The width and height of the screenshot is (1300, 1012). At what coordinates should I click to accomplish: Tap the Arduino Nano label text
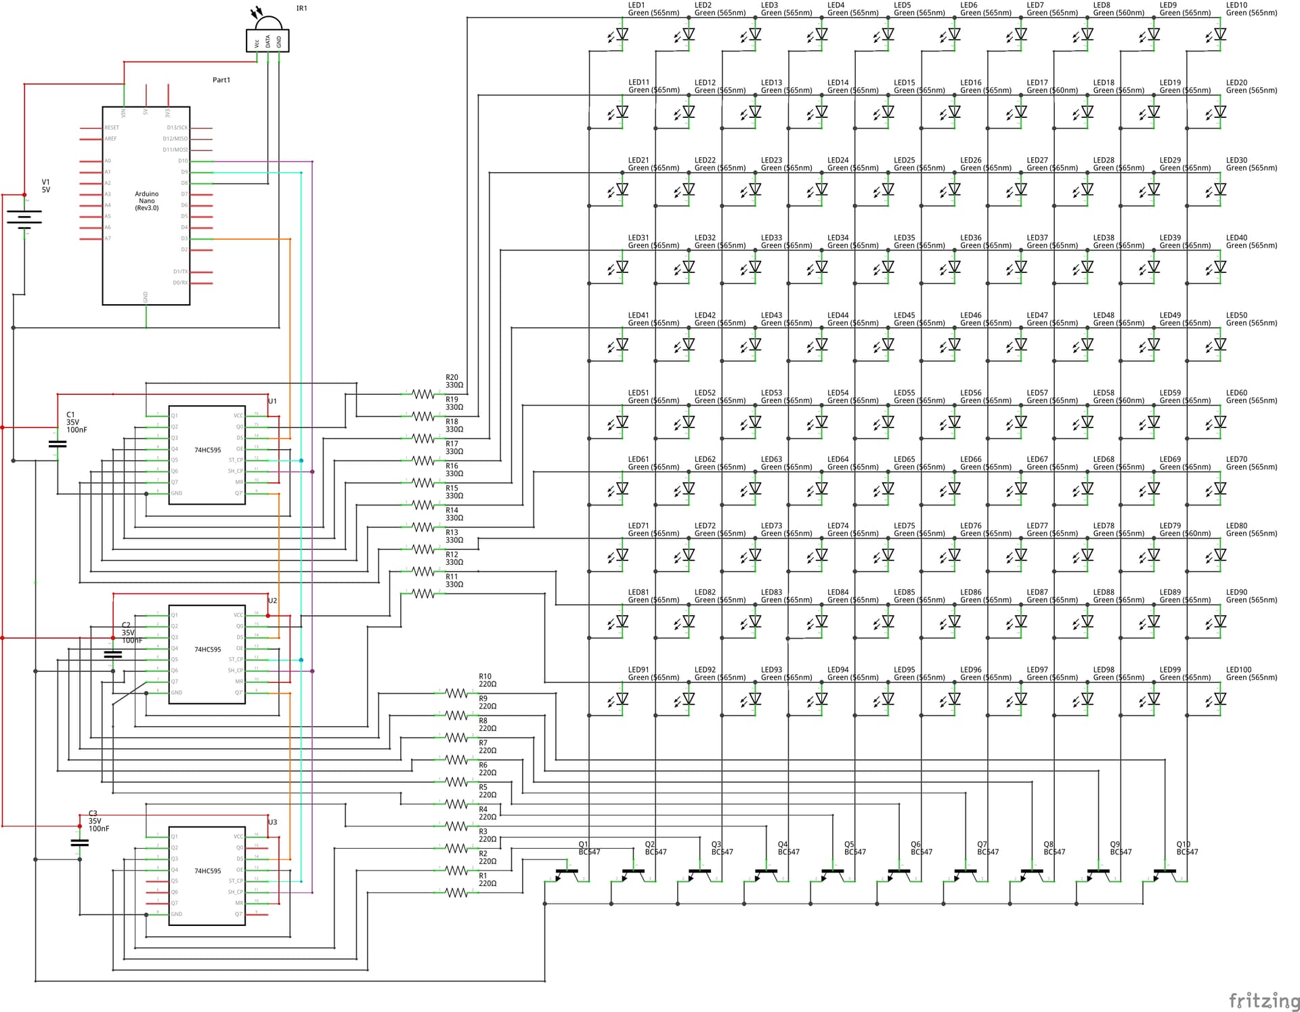(x=147, y=201)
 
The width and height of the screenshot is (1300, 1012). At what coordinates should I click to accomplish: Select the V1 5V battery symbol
(x=24, y=217)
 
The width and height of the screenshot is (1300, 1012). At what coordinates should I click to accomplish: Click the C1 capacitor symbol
(x=58, y=444)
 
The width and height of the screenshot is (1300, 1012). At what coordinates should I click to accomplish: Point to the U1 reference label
(x=272, y=401)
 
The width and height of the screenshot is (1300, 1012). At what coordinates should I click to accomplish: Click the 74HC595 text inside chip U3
(x=207, y=871)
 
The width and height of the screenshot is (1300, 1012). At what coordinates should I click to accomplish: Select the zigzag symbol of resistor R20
(x=423, y=394)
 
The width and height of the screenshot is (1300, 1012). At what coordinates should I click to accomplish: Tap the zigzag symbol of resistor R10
(x=456, y=693)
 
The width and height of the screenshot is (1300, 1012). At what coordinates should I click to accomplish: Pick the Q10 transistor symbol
(x=1165, y=874)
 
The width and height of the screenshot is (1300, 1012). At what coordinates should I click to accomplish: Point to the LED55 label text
(x=905, y=393)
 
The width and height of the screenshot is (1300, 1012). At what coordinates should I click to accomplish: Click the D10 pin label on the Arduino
(x=183, y=161)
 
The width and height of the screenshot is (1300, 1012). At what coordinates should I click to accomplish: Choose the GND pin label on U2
(x=177, y=692)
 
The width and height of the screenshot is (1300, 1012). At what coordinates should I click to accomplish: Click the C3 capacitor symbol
(x=80, y=843)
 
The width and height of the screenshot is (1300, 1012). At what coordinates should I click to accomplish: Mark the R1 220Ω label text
(x=487, y=879)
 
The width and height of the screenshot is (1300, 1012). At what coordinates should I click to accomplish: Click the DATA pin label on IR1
(x=268, y=41)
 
